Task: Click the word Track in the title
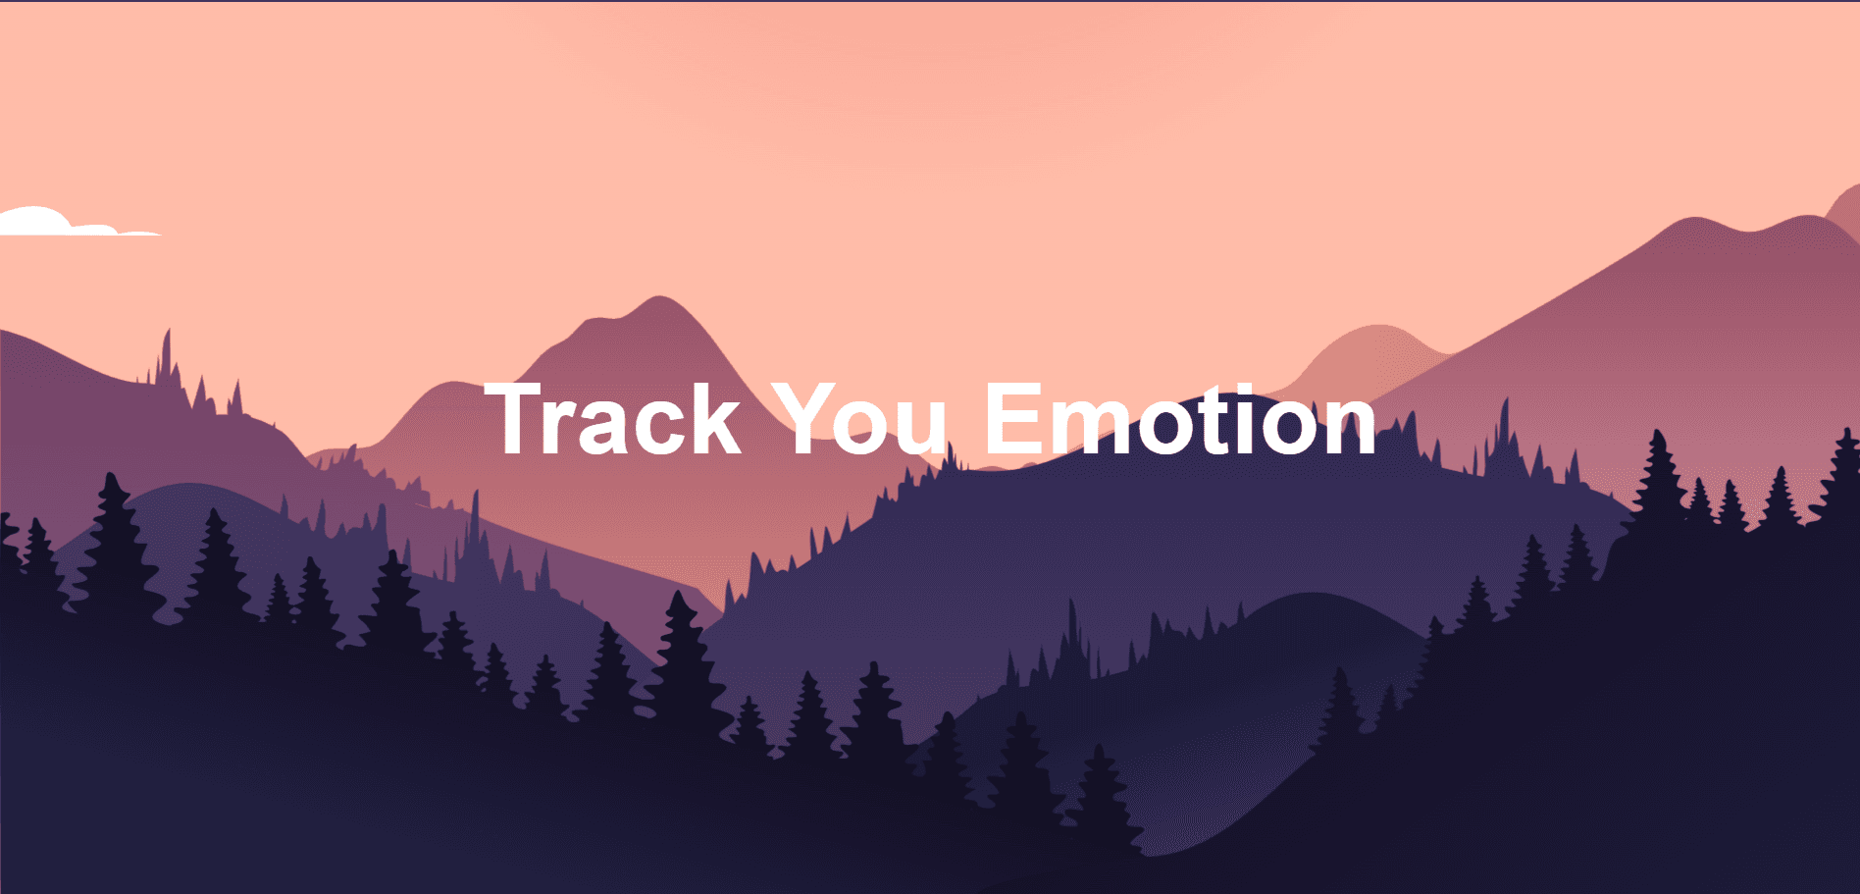pos(613,420)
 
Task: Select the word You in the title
pos(859,420)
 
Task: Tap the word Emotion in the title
pos(1180,420)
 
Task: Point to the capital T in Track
pos(519,420)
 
